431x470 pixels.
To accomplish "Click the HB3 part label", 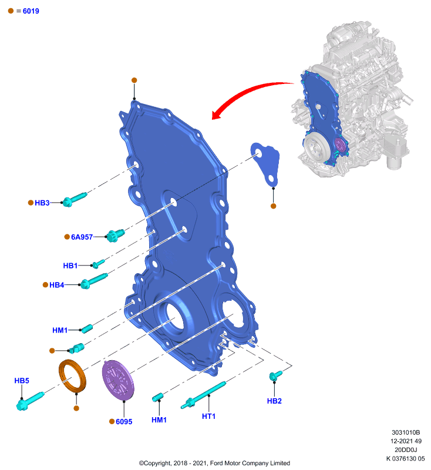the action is point(42,203).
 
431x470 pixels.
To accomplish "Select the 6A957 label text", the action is point(82,237).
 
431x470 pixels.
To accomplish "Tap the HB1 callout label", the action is point(70,266).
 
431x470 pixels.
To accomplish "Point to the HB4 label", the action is point(56,285).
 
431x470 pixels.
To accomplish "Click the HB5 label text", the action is point(22,381).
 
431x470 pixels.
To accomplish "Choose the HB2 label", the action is point(274,401).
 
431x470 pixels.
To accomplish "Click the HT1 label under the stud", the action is point(208,417).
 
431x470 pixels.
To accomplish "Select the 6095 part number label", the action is point(124,422).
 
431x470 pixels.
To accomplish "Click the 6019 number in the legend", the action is point(31,11).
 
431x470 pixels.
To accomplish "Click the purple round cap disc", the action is point(118,380).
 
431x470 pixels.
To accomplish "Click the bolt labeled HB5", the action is point(29,401).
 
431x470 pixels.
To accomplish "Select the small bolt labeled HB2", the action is point(275,376).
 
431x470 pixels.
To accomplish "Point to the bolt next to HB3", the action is point(75,199).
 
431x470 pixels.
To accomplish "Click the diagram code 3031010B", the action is point(406,432).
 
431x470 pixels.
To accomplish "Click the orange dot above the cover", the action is point(134,80).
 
